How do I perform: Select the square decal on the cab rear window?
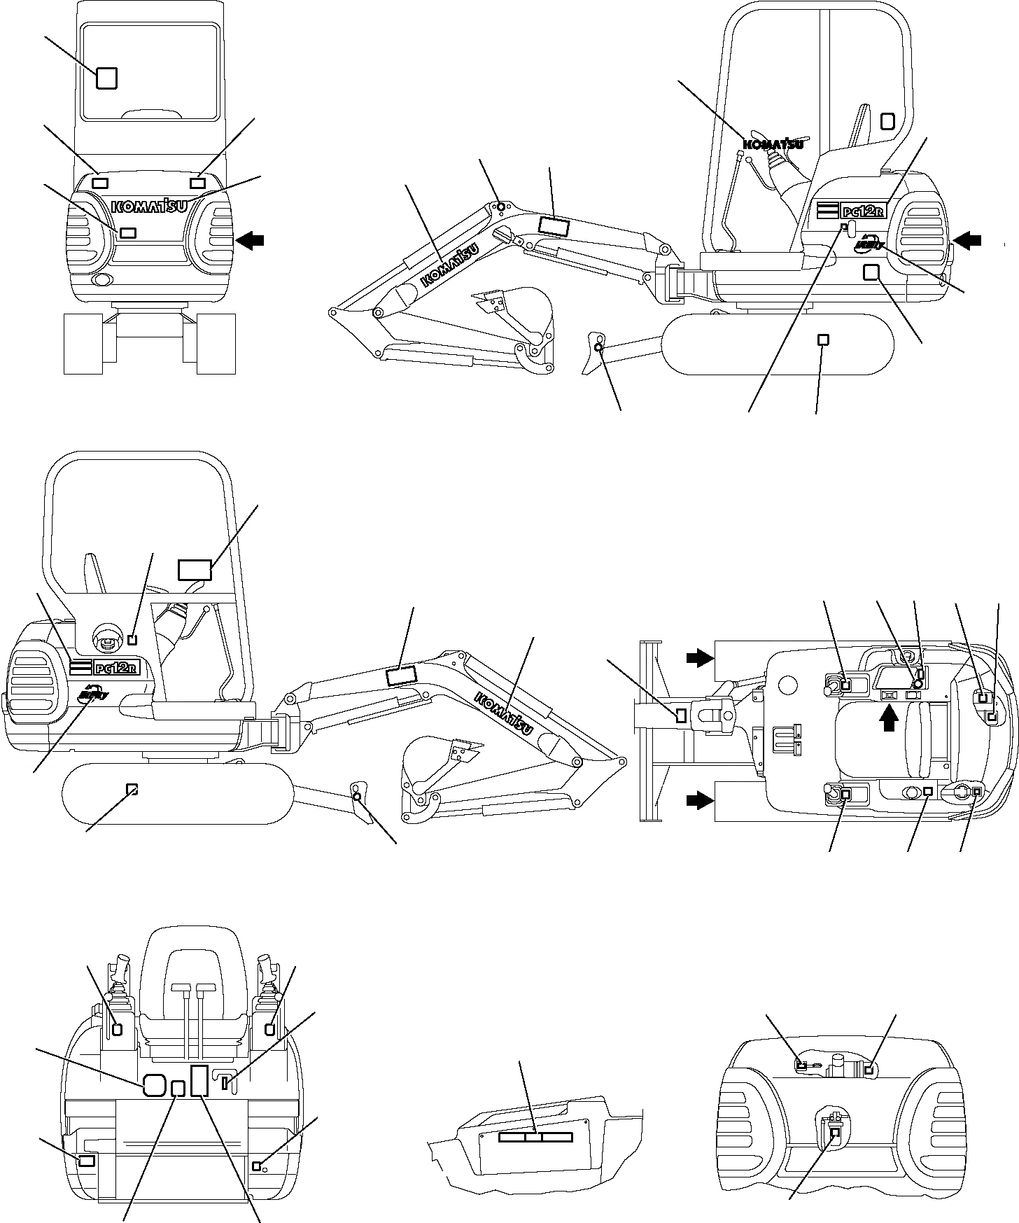click(x=106, y=78)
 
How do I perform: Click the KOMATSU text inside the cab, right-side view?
click(x=771, y=145)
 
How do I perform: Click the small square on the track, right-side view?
click(x=824, y=340)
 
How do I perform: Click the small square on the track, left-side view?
click(x=131, y=789)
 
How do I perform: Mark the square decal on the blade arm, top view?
click(x=681, y=715)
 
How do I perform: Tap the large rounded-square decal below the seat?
click(x=154, y=1085)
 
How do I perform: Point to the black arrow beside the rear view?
click(x=250, y=240)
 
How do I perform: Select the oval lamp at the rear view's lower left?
click(x=102, y=281)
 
